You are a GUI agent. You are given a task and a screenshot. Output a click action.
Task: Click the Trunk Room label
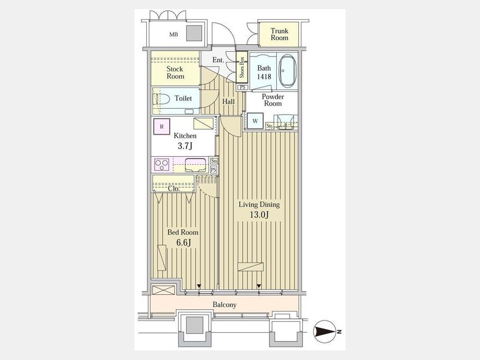(x=279, y=34)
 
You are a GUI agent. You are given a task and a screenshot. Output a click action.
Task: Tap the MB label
(x=173, y=35)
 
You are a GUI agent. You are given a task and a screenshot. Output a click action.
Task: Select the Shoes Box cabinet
(x=242, y=67)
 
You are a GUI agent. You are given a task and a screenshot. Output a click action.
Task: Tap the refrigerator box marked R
(x=162, y=126)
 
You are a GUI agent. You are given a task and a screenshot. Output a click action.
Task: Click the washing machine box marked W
(x=255, y=121)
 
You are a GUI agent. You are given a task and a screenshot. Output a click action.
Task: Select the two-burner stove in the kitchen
(x=162, y=165)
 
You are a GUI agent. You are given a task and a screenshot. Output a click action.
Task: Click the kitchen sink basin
(x=195, y=165)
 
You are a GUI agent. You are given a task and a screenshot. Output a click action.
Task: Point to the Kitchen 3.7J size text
(x=185, y=146)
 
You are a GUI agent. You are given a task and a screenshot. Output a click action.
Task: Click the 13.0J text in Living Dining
(x=259, y=214)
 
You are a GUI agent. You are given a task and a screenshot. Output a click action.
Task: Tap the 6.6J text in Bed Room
(x=183, y=243)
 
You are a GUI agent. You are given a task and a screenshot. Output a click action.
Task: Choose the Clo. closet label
(x=173, y=189)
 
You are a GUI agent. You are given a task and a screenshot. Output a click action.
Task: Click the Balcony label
(x=225, y=305)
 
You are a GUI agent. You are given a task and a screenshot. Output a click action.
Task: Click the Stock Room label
(x=175, y=73)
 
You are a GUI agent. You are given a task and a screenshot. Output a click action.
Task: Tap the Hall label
(x=228, y=102)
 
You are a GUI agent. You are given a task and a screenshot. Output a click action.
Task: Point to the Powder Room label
(x=273, y=100)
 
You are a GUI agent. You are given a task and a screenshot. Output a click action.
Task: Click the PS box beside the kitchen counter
(x=214, y=169)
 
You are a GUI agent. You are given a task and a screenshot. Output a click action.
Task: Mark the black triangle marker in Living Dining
(x=259, y=286)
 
